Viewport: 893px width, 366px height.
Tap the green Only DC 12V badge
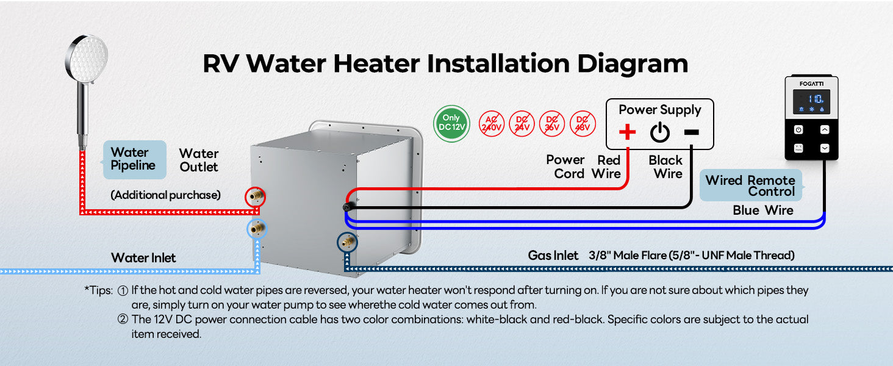pos(451,124)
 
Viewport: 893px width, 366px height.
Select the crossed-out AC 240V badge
pos(492,124)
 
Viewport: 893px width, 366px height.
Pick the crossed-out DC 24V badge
pos(523,124)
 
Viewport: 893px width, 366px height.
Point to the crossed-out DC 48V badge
pos(583,124)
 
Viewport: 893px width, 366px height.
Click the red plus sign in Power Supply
pos(627,132)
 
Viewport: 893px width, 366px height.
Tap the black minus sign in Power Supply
pos(691,132)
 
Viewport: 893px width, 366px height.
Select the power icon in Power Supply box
pos(659,132)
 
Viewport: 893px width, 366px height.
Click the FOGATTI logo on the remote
pos(811,83)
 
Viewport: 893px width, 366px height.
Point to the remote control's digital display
pos(811,101)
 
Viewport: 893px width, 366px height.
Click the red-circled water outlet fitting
pos(255,197)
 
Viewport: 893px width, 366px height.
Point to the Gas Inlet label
pos(553,256)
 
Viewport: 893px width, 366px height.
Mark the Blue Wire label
pos(762,210)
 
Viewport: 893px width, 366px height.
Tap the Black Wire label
pos(666,167)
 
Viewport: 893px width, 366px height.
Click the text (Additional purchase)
pos(165,195)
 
